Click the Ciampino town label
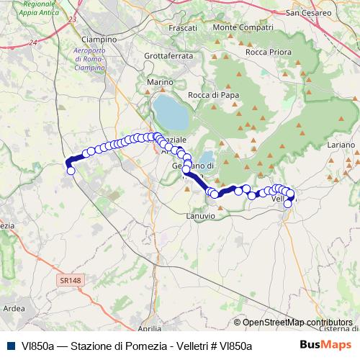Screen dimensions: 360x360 click(100, 39)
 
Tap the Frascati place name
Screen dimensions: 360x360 click(181, 27)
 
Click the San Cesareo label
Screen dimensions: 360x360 click(310, 12)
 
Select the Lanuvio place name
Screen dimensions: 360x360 click(200, 215)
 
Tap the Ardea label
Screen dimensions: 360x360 click(14, 308)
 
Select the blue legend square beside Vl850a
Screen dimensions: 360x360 click(11, 346)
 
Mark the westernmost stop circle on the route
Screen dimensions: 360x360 click(71, 171)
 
